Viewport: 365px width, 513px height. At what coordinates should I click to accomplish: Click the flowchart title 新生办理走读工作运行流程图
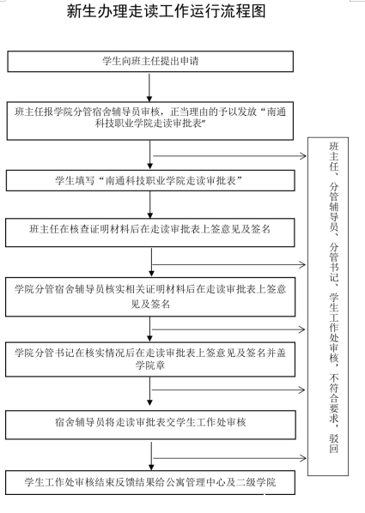click(x=166, y=12)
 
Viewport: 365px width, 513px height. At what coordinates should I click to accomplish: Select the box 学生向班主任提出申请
click(x=150, y=61)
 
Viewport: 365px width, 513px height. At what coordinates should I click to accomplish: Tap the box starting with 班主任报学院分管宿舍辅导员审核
click(x=150, y=121)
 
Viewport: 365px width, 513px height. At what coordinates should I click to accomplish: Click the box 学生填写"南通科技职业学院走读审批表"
click(x=150, y=180)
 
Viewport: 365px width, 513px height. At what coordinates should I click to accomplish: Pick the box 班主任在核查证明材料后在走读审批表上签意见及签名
click(x=150, y=232)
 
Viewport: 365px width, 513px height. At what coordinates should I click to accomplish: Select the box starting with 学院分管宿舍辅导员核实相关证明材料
click(x=150, y=297)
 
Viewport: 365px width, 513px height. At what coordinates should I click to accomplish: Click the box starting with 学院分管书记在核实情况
click(x=150, y=359)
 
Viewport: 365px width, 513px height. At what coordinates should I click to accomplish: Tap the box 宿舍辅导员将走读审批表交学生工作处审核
click(x=150, y=425)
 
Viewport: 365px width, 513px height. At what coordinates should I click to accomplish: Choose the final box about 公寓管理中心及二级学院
click(x=150, y=482)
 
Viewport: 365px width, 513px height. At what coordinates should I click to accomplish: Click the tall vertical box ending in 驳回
click(x=328, y=306)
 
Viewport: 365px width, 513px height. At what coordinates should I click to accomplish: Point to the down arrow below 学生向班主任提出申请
click(x=149, y=88)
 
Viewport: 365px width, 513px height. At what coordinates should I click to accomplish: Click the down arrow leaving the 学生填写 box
click(x=150, y=205)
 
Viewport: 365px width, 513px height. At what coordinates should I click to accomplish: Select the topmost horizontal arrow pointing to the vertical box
click(x=229, y=156)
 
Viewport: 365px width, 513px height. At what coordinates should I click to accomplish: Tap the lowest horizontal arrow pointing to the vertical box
click(x=229, y=458)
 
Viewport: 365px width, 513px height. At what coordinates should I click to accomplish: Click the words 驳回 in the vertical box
click(x=334, y=444)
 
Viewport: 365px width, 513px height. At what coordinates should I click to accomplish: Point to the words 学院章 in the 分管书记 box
click(x=150, y=365)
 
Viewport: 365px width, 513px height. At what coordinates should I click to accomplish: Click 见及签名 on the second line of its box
click(x=150, y=305)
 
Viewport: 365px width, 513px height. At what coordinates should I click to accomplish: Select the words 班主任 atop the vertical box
click(x=334, y=156)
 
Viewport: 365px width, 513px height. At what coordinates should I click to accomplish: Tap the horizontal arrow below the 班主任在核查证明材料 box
click(x=229, y=265)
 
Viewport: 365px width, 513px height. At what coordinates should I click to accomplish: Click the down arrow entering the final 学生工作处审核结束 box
click(x=151, y=456)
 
